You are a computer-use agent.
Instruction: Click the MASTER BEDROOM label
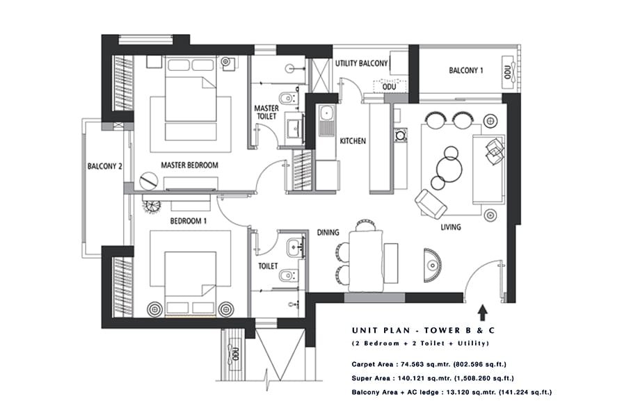[x=189, y=165]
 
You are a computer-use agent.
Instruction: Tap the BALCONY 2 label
[x=105, y=166]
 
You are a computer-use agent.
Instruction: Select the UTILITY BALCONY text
[x=361, y=63]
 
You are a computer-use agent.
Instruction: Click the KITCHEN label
[x=352, y=141]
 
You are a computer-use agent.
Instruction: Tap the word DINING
[x=328, y=233]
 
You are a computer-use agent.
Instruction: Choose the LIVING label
[x=451, y=227]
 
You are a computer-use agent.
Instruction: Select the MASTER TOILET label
[x=266, y=113]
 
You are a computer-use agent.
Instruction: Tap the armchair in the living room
[x=431, y=203]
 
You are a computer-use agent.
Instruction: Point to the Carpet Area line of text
[x=429, y=363]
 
